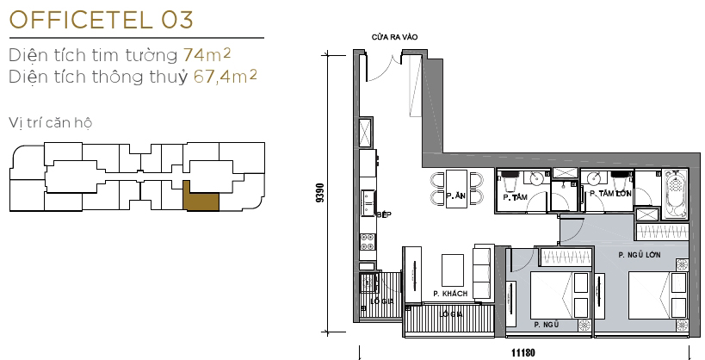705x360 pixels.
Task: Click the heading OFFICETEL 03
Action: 102,18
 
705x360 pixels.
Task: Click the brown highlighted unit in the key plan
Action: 203,198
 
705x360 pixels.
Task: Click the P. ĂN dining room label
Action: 456,197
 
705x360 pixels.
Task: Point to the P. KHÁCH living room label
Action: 450,294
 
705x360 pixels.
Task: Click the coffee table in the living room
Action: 455,269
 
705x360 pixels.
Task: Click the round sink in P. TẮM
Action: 536,178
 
